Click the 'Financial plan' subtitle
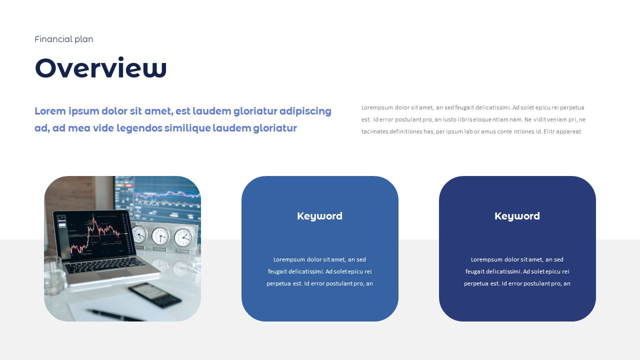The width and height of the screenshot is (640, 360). click(x=64, y=39)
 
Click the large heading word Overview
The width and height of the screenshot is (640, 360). click(x=100, y=68)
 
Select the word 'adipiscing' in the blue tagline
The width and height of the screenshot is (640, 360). click(x=305, y=111)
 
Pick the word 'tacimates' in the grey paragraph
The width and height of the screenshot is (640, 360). click(x=375, y=131)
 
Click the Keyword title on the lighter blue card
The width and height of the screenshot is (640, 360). click(x=319, y=216)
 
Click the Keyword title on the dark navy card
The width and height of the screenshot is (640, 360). click(x=517, y=216)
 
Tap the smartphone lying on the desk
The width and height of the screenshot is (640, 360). click(x=154, y=294)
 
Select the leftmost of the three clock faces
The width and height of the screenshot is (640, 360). click(x=139, y=234)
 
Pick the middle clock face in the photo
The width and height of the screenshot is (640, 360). click(x=160, y=235)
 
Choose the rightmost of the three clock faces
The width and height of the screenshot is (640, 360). click(x=183, y=237)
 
